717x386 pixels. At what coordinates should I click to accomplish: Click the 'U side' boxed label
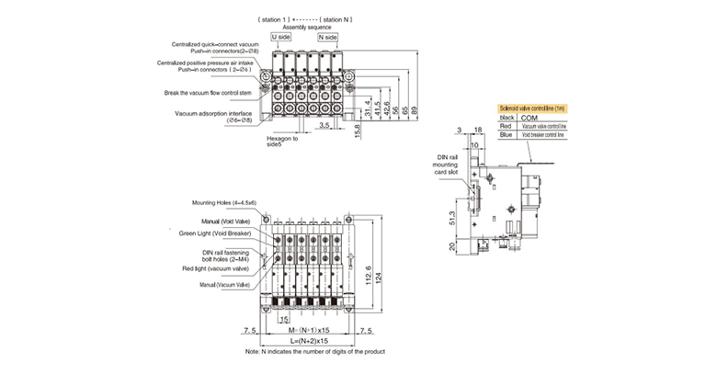click(x=281, y=37)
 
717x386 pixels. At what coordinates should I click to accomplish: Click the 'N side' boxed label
click(x=327, y=37)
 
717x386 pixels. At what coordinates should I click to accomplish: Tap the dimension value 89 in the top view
click(x=415, y=109)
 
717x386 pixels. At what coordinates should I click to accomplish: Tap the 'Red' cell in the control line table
click(x=506, y=126)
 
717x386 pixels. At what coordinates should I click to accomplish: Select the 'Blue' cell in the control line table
click(x=506, y=135)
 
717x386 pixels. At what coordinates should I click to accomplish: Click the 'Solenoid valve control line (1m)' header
click(x=533, y=108)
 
